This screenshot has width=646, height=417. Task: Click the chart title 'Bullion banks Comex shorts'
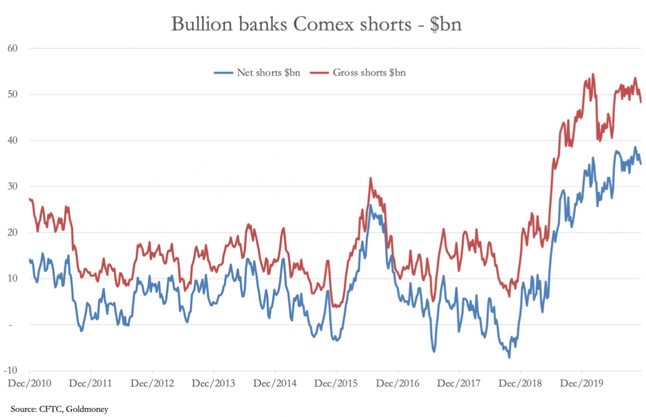(316, 24)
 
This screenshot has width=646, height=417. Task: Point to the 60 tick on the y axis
(13, 48)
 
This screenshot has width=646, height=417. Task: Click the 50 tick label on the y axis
(13, 95)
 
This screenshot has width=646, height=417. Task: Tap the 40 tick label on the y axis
(13, 140)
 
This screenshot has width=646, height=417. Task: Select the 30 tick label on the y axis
(13, 187)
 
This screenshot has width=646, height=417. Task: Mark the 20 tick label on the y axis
(13, 232)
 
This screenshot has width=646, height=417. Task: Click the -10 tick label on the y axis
(12, 370)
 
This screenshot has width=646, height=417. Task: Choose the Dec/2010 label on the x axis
(30, 383)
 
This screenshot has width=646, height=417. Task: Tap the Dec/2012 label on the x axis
(152, 383)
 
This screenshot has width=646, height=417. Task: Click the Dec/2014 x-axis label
(275, 383)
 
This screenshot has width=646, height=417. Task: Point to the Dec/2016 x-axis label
(397, 383)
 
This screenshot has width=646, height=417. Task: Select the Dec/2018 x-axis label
(520, 383)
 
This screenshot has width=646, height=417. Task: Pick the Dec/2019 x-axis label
(581, 383)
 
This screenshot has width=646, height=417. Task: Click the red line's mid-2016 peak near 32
(370, 178)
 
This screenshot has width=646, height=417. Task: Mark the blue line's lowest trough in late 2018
(509, 357)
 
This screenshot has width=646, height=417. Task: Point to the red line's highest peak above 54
(593, 74)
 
